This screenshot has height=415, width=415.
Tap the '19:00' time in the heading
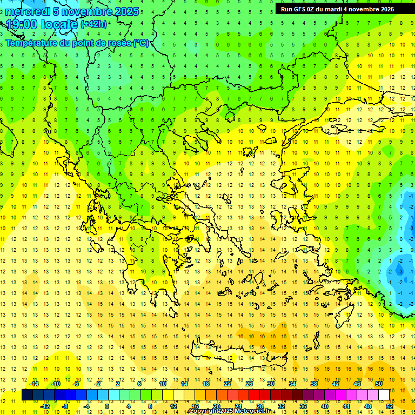click(x=20, y=24)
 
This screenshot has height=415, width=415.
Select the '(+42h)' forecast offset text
click(x=93, y=24)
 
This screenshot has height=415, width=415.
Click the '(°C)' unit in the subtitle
click(x=141, y=43)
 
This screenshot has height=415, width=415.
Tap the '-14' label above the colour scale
click(x=34, y=384)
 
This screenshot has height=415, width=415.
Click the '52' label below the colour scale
click(x=390, y=406)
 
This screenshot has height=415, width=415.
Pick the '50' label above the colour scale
click(x=379, y=384)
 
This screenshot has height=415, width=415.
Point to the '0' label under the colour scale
click(x=107, y=406)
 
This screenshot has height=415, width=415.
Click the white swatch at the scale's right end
click(x=384, y=394)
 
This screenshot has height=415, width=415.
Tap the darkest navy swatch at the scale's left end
click(x=27, y=394)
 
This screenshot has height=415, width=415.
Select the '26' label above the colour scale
click(x=249, y=384)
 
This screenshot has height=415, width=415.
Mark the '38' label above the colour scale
click(x=314, y=384)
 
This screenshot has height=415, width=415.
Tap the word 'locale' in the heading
click(x=57, y=24)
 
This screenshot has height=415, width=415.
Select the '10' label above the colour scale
click(x=163, y=384)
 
